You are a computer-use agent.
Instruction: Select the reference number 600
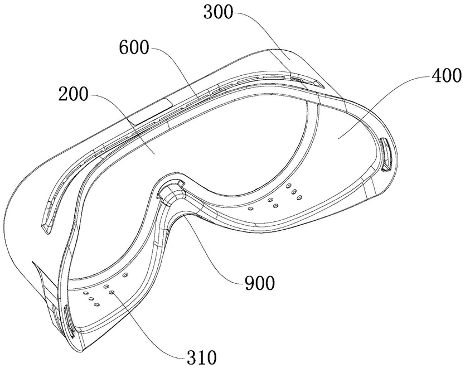pyautogui.click(x=133, y=48)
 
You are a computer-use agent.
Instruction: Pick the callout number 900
pyautogui.click(x=259, y=284)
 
